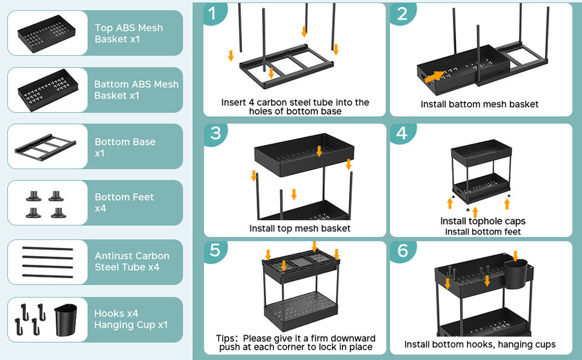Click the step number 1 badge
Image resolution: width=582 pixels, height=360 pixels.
[213, 13]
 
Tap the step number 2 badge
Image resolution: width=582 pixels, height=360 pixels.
[402, 13]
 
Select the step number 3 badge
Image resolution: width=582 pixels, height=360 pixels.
[215, 134]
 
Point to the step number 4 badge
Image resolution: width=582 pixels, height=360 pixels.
[402, 134]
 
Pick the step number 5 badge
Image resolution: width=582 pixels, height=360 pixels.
[215, 250]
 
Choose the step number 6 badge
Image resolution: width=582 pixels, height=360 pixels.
[402, 250]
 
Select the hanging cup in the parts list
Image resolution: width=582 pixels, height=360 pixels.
[66, 319]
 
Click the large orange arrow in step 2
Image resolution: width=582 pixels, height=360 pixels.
[434, 76]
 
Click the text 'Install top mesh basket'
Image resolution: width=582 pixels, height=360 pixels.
[300, 228]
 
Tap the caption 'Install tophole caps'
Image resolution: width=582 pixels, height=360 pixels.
[483, 221]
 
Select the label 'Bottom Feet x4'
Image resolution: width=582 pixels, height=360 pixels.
[124, 202]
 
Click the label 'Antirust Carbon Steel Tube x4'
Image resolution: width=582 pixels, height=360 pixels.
[132, 261]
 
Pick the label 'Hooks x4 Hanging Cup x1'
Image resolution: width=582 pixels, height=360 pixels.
[130, 319]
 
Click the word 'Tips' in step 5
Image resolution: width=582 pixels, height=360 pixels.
[227, 338]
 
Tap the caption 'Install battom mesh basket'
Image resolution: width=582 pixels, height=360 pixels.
[480, 104]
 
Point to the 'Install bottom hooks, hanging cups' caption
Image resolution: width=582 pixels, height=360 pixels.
[480, 344]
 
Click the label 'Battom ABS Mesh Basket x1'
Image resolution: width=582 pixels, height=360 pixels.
[136, 90]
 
